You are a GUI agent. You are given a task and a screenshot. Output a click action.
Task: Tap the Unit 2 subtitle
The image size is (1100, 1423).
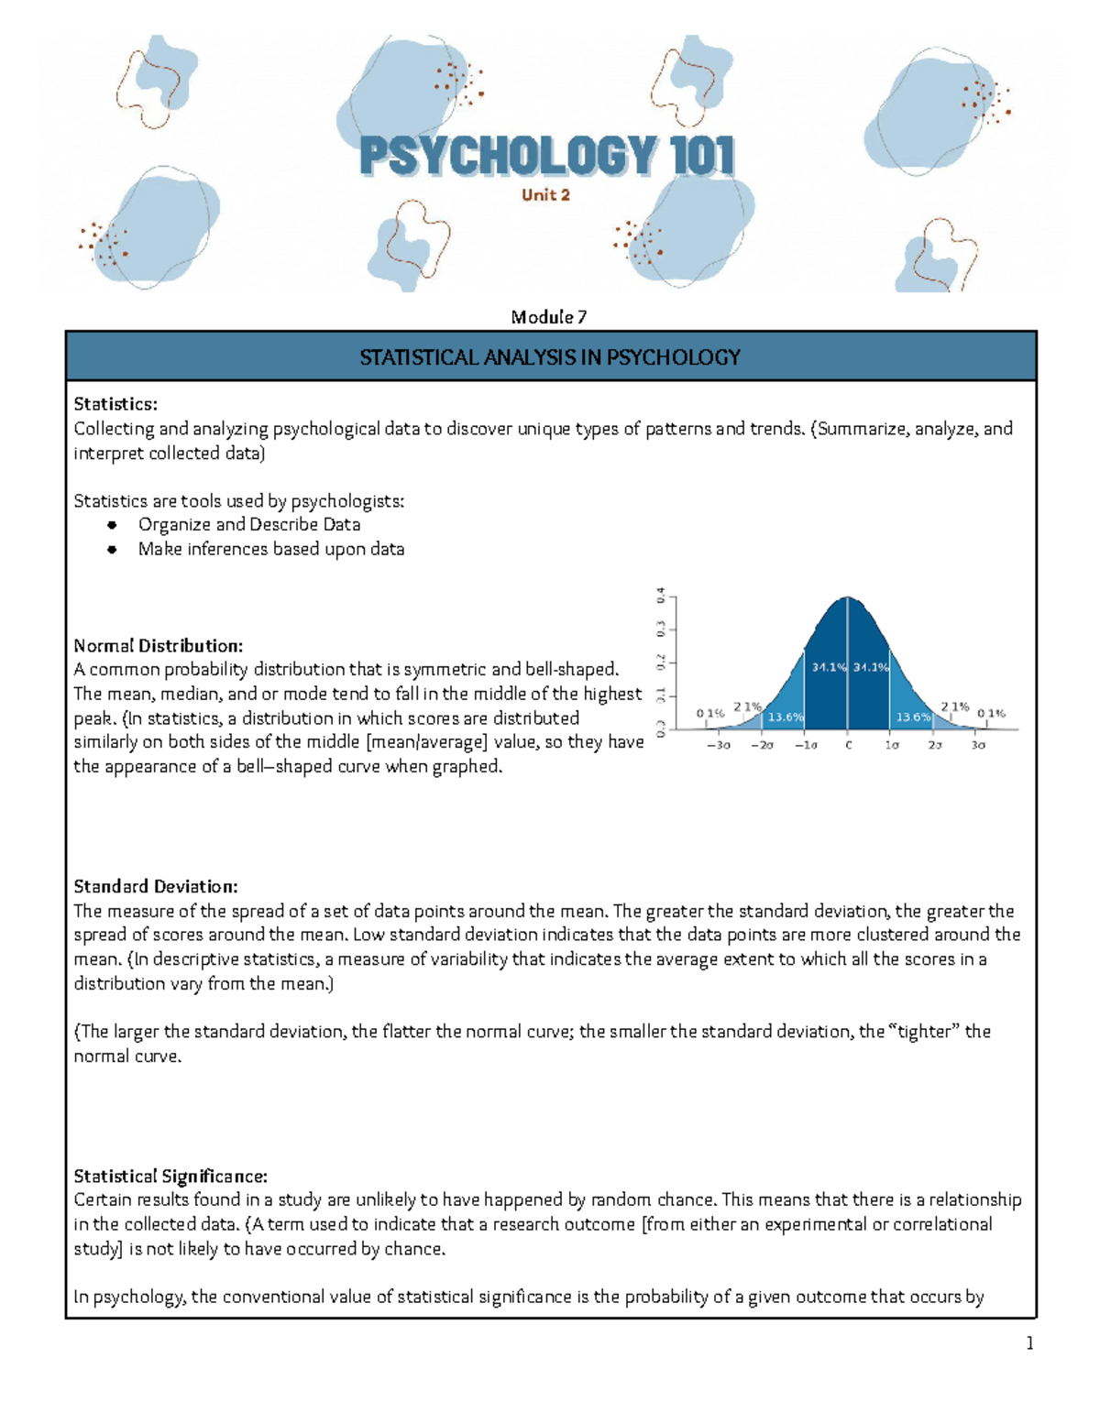[546, 194]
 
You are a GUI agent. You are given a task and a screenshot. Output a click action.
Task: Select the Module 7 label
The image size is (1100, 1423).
[549, 317]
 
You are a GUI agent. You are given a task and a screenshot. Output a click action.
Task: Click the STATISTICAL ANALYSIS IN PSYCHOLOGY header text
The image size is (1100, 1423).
[550, 357]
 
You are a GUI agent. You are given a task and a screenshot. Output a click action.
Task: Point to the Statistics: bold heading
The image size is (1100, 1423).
[115, 404]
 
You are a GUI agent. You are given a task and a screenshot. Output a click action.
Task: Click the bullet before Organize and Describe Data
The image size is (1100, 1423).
[112, 525]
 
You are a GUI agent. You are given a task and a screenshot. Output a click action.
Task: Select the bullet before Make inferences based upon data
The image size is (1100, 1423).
[112, 550]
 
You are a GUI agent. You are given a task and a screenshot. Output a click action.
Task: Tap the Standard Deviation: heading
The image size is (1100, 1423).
[156, 887]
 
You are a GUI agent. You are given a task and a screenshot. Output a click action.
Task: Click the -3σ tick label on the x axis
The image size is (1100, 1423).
[718, 745]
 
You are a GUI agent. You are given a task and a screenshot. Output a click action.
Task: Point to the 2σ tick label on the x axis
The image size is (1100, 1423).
[934, 745]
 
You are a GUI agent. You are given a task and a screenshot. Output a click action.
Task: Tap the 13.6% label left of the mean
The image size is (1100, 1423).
[786, 717]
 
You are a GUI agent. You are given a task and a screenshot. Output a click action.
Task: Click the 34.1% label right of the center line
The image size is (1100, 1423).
[870, 667]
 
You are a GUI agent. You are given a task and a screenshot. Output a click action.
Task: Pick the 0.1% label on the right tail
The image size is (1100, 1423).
[991, 712]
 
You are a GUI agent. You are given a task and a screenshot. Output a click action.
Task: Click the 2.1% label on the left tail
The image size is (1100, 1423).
[747, 706]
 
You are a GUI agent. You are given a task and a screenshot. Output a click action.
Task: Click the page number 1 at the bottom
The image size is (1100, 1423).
[1029, 1344]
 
